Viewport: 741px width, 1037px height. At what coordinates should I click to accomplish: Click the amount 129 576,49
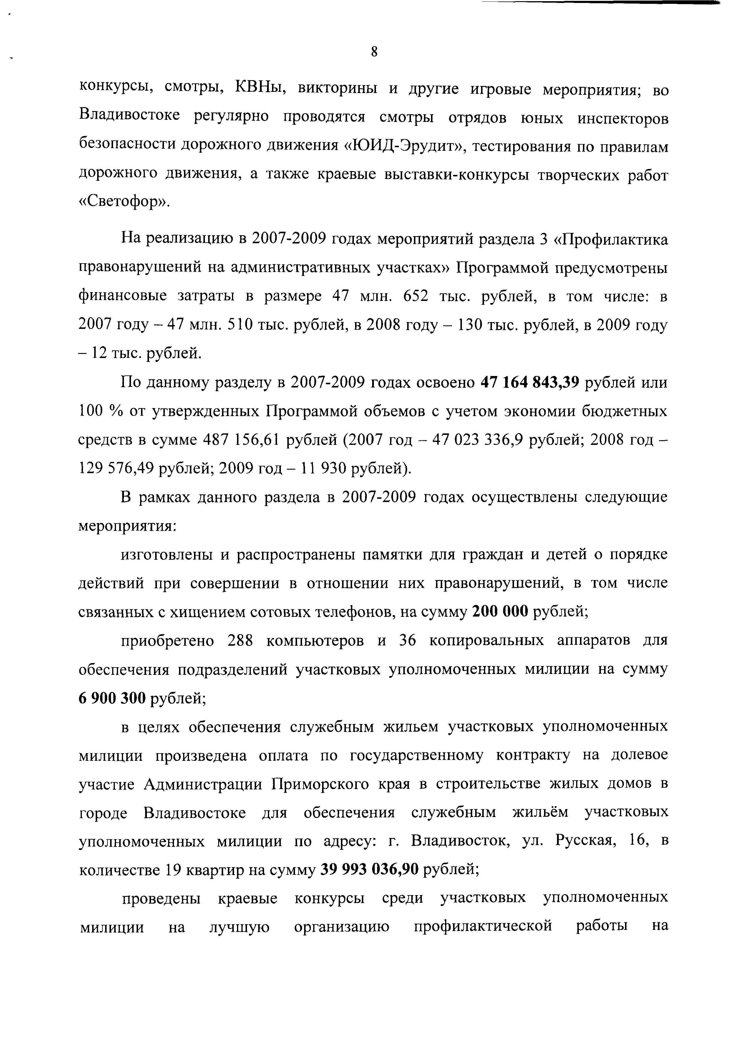[116, 468]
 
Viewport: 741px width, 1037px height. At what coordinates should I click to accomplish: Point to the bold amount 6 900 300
[112, 698]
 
